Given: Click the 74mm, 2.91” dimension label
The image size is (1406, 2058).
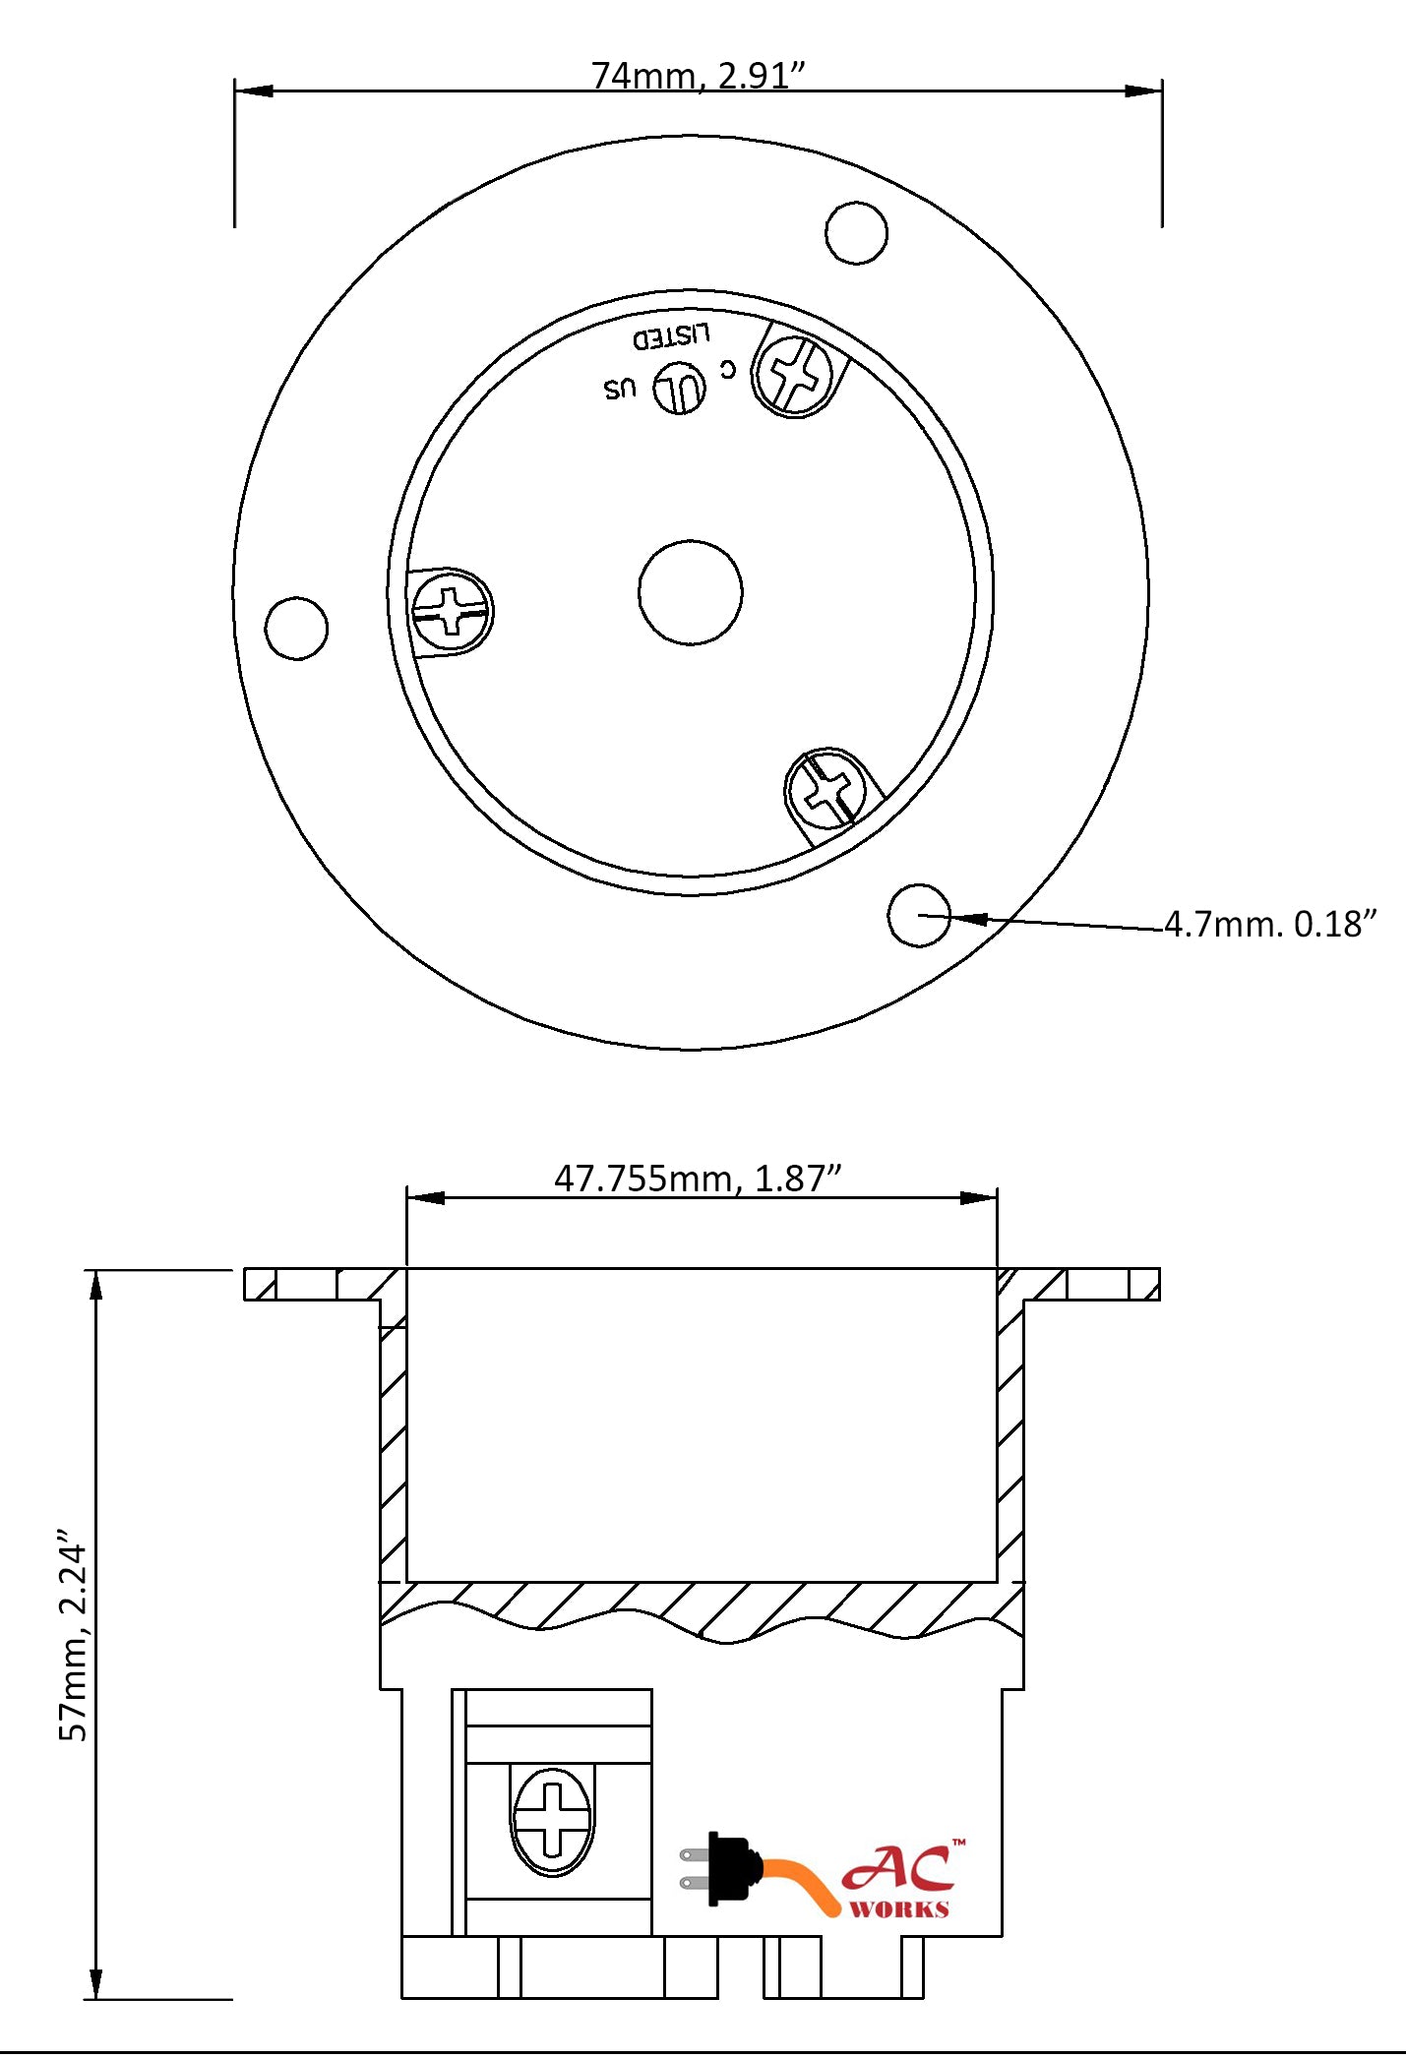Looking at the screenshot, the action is tap(698, 76).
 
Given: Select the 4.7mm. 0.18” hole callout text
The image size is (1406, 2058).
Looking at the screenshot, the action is tap(1270, 925).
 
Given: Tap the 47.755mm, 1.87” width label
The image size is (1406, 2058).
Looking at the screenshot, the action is tap(698, 1178).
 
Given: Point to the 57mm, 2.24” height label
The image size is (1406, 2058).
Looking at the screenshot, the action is tap(74, 1635).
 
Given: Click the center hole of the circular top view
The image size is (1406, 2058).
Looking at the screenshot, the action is tap(691, 592).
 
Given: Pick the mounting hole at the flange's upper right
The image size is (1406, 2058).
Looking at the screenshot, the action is tap(856, 233).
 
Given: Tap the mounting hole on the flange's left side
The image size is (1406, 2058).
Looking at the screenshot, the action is tap(296, 628).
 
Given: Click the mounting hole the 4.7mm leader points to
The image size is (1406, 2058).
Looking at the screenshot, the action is tap(919, 915).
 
